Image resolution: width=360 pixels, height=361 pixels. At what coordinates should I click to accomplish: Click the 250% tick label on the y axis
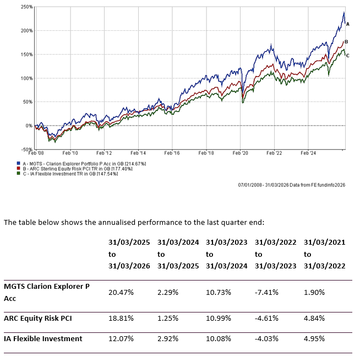coord(26,7)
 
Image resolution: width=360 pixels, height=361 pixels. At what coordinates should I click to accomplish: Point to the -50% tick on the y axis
coord(26,149)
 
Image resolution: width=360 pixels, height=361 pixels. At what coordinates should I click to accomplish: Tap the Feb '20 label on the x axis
coord(241,153)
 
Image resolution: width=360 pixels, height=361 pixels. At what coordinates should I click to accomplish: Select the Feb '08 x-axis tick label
coord(37,153)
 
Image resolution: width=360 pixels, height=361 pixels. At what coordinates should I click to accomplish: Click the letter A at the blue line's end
coord(347,24)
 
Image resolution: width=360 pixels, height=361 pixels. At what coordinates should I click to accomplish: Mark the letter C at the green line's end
coord(347,55)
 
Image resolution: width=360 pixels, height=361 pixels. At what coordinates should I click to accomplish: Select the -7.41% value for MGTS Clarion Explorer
coord(267,292)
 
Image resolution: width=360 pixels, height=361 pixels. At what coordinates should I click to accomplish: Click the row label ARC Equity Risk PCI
coord(38,318)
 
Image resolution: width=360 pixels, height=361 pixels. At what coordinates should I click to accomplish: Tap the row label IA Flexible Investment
coord(43,338)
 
